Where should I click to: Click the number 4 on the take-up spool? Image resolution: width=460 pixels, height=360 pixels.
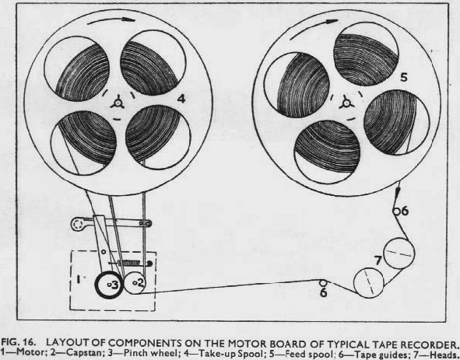coord(181,99)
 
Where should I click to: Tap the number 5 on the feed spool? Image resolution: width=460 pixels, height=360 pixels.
coord(404,78)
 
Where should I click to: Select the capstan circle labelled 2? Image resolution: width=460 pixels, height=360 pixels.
coord(135,282)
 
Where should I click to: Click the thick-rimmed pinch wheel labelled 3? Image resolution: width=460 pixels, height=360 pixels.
coord(108,285)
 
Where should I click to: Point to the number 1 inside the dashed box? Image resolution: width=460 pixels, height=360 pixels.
coord(79,279)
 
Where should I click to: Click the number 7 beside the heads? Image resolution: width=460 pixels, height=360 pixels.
coord(378,260)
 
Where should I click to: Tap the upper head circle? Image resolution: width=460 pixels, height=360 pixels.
coord(399,253)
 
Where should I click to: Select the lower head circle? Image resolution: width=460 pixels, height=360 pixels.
coord(369,283)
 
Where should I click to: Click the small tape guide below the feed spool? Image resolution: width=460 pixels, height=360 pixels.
coord(396,211)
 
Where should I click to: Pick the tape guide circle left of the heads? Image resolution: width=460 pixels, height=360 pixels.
coord(323,283)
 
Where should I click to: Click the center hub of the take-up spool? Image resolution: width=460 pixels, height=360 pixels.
coord(118,103)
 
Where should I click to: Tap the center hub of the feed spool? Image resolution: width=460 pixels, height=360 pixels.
coord(346,103)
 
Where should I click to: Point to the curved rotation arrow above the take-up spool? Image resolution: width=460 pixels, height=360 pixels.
coord(111,19)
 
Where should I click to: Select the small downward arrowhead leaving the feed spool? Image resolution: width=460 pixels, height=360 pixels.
coord(397,192)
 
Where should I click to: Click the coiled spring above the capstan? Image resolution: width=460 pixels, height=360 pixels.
coord(128,263)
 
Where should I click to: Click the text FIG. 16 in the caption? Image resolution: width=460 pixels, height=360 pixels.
coord(18,343)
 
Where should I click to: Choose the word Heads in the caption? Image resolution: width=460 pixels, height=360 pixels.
coord(442,354)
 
